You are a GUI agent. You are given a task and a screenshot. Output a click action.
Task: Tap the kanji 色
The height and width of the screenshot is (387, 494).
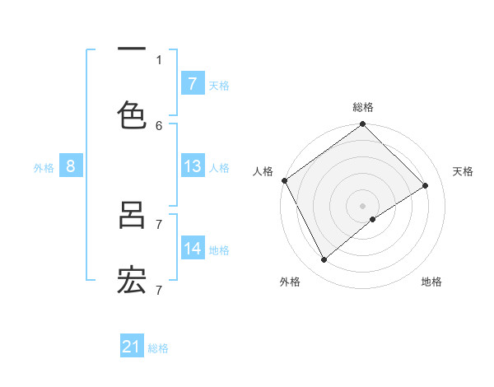click(132, 114)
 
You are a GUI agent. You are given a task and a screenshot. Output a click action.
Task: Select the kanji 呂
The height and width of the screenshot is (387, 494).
click(132, 215)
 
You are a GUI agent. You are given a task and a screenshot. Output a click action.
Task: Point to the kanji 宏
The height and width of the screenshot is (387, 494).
click(132, 281)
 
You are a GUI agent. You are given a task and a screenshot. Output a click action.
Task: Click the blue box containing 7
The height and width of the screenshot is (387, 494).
click(192, 83)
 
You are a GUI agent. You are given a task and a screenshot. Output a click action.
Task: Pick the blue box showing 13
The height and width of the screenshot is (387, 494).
click(192, 166)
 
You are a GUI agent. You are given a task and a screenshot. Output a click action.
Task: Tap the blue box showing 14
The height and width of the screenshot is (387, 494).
click(192, 249)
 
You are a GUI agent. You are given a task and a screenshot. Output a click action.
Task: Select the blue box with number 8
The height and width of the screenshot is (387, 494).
click(71, 166)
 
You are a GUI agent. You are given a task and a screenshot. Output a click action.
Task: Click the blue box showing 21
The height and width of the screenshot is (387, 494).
click(132, 347)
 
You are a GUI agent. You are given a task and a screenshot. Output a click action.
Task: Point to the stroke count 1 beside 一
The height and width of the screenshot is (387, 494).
click(159, 59)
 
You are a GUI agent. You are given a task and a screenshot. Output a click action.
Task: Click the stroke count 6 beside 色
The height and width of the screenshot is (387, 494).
click(159, 125)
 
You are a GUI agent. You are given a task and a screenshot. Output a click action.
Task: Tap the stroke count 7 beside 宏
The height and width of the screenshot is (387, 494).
click(159, 290)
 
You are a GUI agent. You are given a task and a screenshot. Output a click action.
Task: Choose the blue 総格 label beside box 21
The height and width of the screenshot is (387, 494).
click(158, 348)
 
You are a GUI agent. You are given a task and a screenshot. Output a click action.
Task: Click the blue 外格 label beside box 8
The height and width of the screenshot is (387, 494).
click(44, 167)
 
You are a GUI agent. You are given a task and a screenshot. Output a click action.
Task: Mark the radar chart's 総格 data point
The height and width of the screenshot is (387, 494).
click(362, 125)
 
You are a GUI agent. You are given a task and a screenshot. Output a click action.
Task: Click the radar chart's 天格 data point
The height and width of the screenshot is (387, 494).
click(426, 185)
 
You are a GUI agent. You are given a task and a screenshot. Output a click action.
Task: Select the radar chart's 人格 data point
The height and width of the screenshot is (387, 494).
click(284, 180)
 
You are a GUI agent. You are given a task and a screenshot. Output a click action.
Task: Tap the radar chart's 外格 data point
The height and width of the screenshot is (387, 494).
click(324, 259)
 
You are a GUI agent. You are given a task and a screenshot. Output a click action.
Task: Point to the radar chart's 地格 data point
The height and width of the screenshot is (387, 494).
click(373, 219)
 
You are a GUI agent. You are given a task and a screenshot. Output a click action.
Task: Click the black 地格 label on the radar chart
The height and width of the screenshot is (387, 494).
click(431, 282)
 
